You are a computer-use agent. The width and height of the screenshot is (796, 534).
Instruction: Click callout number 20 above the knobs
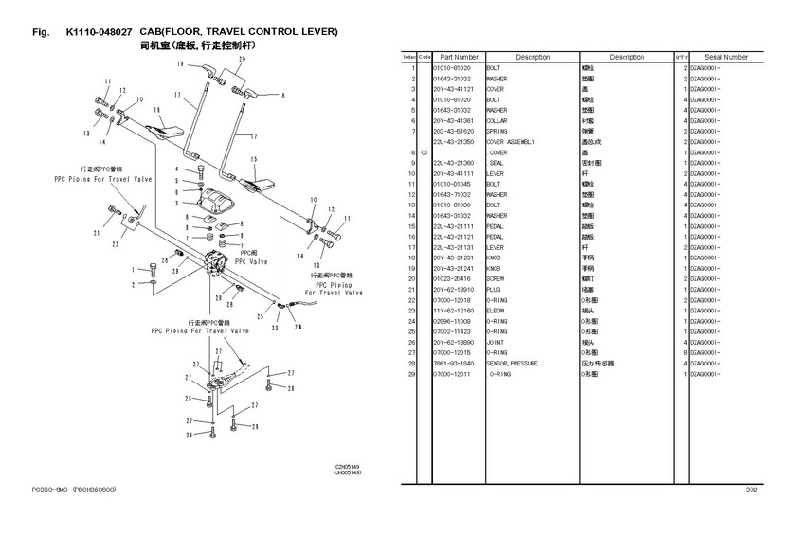click(x=242, y=59)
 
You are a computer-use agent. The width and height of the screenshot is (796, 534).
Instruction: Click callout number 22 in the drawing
click(x=115, y=244)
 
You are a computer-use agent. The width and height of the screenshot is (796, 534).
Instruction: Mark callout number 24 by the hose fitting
click(x=298, y=327)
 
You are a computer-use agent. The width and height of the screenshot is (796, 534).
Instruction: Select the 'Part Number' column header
click(x=460, y=58)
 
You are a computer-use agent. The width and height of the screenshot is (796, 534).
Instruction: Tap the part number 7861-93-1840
click(x=453, y=364)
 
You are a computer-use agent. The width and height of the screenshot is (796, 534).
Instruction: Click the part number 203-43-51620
click(x=453, y=132)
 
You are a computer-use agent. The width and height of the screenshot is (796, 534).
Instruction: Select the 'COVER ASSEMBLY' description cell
click(x=510, y=142)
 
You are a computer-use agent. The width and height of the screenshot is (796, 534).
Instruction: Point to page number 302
click(x=751, y=489)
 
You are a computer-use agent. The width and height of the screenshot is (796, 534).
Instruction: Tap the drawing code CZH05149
click(x=347, y=466)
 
